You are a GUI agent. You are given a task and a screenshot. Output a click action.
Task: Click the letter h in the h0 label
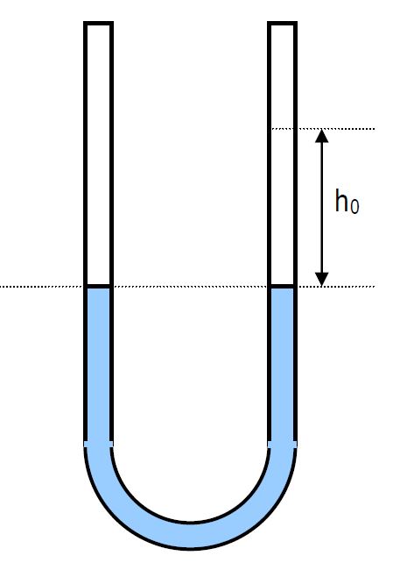(x=341, y=200)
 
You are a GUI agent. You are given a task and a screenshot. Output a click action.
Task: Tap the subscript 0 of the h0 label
(x=354, y=206)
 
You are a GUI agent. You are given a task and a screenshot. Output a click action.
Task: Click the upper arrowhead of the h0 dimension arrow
(x=322, y=136)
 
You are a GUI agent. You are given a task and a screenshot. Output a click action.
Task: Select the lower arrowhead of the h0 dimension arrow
(x=322, y=279)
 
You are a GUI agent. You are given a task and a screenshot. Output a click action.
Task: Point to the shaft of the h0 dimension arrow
(x=322, y=208)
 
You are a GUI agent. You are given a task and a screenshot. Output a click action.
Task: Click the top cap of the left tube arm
(x=98, y=24)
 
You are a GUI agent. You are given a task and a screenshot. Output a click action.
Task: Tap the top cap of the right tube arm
(x=282, y=24)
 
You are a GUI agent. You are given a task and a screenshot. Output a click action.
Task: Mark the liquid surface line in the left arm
(x=98, y=286)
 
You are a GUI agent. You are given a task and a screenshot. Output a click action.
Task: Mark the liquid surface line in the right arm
(x=282, y=286)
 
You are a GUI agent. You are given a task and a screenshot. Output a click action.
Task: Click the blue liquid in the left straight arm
(x=98, y=364)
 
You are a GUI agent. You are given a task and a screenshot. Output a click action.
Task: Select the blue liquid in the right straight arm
(x=282, y=364)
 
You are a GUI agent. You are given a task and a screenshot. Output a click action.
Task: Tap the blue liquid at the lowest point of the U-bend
(x=191, y=536)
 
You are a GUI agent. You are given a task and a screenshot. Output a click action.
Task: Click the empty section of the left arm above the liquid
(x=98, y=154)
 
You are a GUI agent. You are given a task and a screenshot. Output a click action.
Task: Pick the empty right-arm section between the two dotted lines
(x=282, y=206)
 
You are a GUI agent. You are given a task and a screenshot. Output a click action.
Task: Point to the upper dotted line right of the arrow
(x=349, y=129)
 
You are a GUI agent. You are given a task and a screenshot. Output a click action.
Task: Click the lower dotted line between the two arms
(x=190, y=286)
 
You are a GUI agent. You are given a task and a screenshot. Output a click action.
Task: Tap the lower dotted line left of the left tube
(x=42, y=286)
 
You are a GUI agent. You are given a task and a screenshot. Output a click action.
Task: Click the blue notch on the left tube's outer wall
(x=85, y=445)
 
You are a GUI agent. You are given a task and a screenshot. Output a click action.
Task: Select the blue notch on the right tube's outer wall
(x=295, y=445)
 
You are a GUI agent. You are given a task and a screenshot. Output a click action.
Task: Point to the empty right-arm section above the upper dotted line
(x=282, y=77)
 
